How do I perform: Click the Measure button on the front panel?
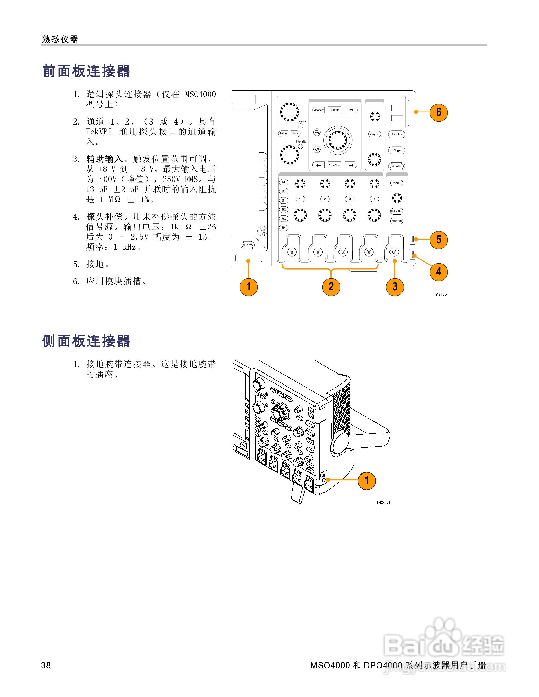pyautogui.click(x=318, y=110)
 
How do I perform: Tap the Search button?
pyautogui.click(x=335, y=110)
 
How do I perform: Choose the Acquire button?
pyautogui.click(x=375, y=134)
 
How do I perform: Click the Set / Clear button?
pyautogui.click(x=334, y=165)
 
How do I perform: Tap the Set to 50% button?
pyautogui.click(x=397, y=211)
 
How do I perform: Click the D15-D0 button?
pyautogui.click(x=247, y=245)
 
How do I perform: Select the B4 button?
pyautogui.click(x=284, y=227)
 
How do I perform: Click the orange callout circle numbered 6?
pyautogui.click(x=438, y=112)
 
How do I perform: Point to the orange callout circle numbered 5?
pyautogui.click(x=438, y=239)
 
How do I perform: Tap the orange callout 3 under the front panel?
pyautogui.click(x=395, y=286)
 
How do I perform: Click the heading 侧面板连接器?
pyautogui.click(x=86, y=341)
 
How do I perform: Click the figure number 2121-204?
pyautogui.click(x=441, y=294)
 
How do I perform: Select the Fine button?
pyautogui.click(x=295, y=134)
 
